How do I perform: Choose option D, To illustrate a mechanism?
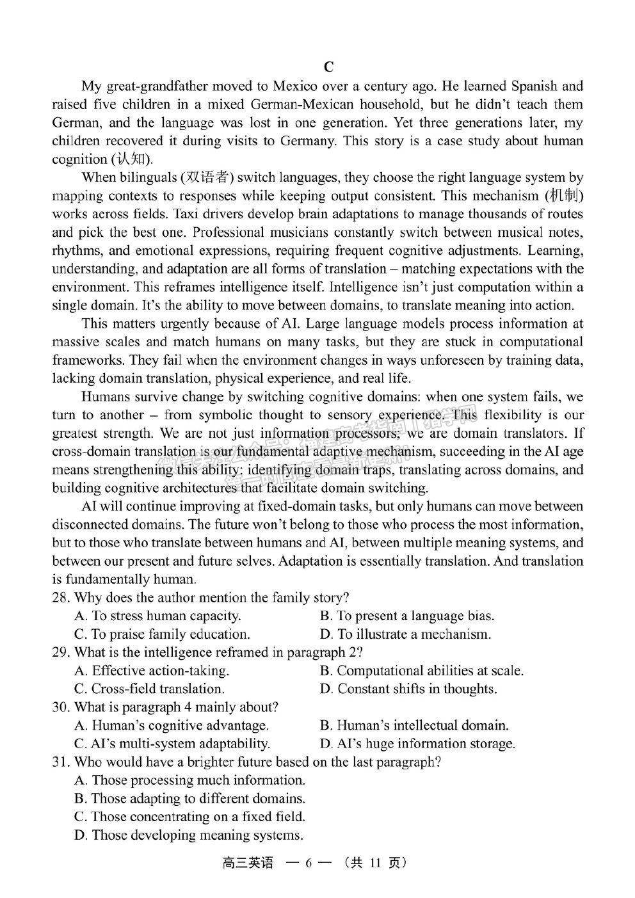(x=405, y=634)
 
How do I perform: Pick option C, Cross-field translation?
(x=149, y=689)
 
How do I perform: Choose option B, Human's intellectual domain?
(x=414, y=726)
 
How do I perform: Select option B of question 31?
(x=189, y=799)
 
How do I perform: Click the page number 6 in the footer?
(x=308, y=863)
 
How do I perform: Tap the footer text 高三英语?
(x=247, y=863)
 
